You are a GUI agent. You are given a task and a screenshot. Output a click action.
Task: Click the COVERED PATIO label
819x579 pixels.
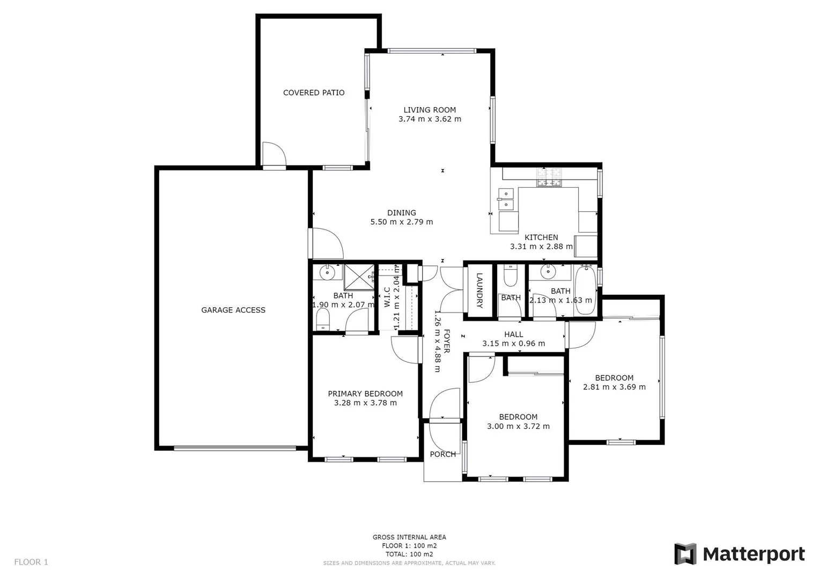pyautogui.click(x=314, y=93)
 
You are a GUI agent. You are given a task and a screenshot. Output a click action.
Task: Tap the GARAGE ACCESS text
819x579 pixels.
pyautogui.click(x=233, y=310)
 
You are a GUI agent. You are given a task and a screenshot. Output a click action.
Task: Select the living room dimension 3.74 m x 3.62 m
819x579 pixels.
pyautogui.click(x=430, y=119)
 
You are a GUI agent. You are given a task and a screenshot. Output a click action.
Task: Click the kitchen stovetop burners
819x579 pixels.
pyautogui.click(x=550, y=177)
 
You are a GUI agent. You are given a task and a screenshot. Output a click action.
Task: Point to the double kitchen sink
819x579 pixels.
pyautogui.click(x=505, y=199)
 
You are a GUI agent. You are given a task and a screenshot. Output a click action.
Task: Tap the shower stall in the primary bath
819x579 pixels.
pyautogui.click(x=358, y=277)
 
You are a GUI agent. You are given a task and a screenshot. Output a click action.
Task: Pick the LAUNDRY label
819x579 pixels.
pyautogui.click(x=479, y=291)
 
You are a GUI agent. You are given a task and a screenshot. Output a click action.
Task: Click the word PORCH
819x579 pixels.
pyautogui.click(x=443, y=454)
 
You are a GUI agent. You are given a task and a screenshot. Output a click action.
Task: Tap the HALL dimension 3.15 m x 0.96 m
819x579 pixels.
pyautogui.click(x=513, y=344)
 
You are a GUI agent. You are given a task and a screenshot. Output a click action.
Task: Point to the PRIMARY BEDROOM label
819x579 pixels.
pyautogui.click(x=365, y=394)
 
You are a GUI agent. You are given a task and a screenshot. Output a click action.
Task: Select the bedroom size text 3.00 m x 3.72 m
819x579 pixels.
pyautogui.click(x=518, y=426)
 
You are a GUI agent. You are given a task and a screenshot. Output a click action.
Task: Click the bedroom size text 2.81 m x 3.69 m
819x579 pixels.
pyautogui.click(x=614, y=387)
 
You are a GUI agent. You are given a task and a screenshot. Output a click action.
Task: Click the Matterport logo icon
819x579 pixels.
pyautogui.click(x=685, y=554)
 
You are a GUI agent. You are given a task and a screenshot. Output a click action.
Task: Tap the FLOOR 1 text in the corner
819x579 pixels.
pyautogui.click(x=31, y=562)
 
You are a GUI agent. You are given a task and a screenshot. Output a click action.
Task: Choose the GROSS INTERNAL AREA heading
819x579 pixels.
pyautogui.click(x=409, y=537)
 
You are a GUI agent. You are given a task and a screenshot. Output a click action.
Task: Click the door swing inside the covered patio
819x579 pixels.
pyautogui.click(x=273, y=155)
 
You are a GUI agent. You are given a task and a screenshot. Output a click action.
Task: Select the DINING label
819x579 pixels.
pyautogui.click(x=402, y=213)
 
